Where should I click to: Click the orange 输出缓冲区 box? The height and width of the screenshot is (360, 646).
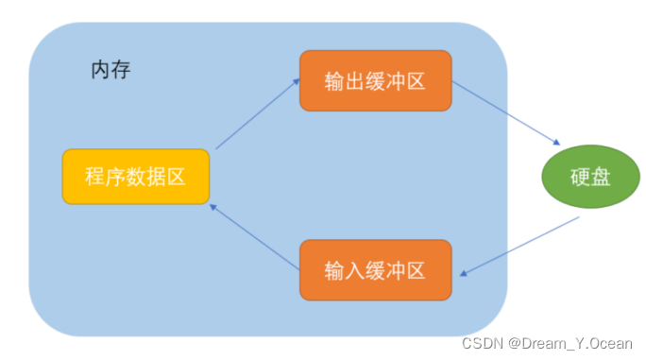[375, 81]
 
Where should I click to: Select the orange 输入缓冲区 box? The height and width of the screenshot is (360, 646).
[375, 270]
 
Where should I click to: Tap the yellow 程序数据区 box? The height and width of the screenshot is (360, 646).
[135, 177]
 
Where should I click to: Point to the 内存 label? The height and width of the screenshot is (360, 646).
[110, 71]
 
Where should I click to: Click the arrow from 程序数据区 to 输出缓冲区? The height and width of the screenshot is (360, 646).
[256, 115]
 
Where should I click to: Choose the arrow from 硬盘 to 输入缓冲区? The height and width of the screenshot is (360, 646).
[519, 248]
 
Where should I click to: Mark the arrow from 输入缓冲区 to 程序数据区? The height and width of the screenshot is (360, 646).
[255, 235]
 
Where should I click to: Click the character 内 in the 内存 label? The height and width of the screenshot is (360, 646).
[100, 71]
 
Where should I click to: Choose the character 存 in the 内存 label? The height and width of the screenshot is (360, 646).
[121, 71]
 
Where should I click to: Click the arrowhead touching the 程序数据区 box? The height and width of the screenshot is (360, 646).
[214, 205]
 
